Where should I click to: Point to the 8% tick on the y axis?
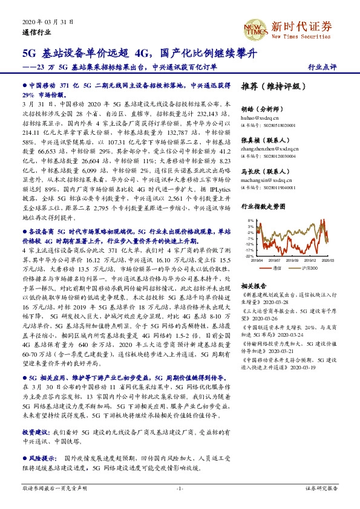(250, 221)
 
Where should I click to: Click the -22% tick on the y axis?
(249, 256)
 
